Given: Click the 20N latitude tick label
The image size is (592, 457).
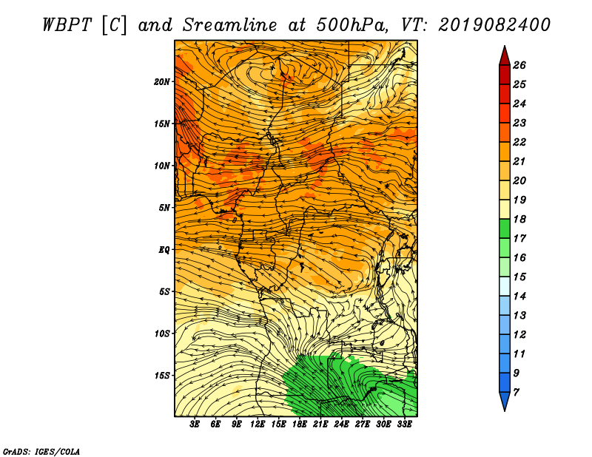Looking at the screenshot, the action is (x=161, y=82).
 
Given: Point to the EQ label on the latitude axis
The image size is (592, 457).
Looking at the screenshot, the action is (x=164, y=250).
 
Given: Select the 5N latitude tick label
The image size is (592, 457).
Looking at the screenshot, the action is (x=164, y=208).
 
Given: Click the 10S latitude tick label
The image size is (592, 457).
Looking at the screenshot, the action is (x=161, y=334).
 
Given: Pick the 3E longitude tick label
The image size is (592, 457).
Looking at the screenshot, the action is (x=195, y=424).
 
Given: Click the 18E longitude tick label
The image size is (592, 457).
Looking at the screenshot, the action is (x=300, y=424).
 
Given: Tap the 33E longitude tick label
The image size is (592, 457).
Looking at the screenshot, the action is (x=404, y=424).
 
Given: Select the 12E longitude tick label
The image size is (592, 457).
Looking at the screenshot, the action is (x=258, y=424).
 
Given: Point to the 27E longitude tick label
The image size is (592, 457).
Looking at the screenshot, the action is (x=363, y=424).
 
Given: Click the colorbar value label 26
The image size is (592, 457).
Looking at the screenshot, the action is (x=519, y=65).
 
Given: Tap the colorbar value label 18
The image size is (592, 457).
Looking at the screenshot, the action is (x=519, y=219).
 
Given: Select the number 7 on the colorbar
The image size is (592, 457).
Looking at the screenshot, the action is (x=517, y=393).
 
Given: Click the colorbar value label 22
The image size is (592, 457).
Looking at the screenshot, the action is (x=519, y=142).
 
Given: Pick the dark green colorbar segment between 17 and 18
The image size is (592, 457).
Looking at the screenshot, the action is (x=505, y=228).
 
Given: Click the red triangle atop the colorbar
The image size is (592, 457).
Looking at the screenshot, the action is (x=505, y=56).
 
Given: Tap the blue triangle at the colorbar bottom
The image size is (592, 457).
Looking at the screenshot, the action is (x=505, y=402).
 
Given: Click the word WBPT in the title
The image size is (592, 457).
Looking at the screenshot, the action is (x=67, y=25).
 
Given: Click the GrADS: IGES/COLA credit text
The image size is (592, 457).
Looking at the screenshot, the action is (x=41, y=452).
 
